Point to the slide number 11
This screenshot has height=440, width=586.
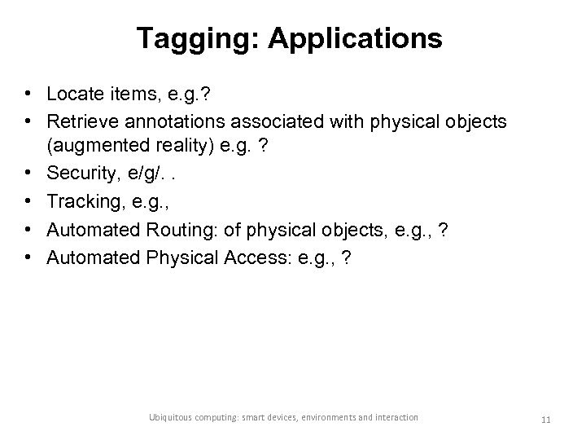click(546, 419)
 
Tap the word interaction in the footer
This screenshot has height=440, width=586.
click(394, 417)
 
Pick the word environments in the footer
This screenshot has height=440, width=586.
click(325, 417)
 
